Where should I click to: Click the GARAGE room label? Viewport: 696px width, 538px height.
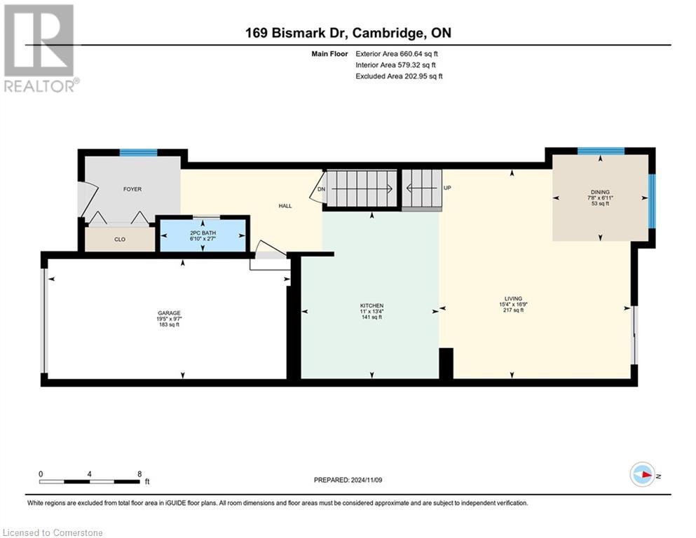pos(168,313)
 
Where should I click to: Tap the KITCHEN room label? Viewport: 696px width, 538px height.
pos(371,306)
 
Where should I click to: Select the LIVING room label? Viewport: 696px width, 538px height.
pos(512,298)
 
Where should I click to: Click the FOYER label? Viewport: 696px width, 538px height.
pos(132,189)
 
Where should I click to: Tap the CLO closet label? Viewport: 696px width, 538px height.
pos(120,240)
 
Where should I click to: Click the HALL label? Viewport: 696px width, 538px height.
pos(285,206)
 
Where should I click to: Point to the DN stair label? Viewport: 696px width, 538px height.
pos(321,189)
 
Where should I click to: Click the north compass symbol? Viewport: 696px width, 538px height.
pos(642,474)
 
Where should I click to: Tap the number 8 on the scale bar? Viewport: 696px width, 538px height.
pos(139,474)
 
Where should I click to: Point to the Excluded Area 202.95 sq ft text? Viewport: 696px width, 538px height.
pos(399,76)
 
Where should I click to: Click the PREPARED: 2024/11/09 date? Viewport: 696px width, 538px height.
pos(348,480)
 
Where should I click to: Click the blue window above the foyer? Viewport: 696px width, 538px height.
pos(137,153)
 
